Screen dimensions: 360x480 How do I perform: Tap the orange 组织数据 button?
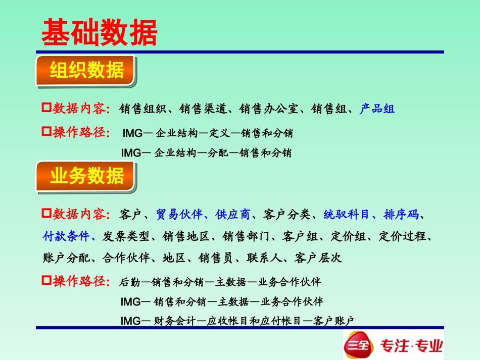[86, 71]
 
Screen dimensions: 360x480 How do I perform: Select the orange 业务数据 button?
[86, 176]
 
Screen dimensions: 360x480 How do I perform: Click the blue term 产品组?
[377, 109]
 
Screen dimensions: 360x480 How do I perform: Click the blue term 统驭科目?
[346, 215]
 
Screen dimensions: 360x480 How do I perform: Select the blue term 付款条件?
[66, 236]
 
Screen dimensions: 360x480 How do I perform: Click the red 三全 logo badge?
[357, 345]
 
